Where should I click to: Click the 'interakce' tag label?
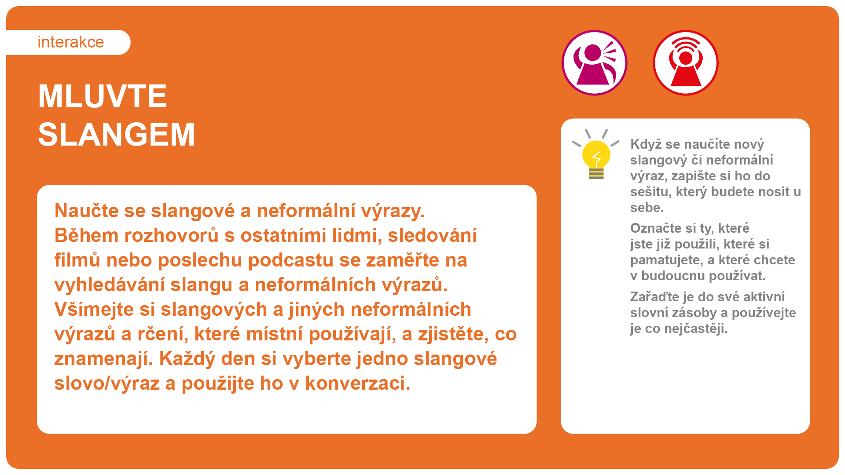coord(70,42)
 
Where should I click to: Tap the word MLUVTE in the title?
coord(103,96)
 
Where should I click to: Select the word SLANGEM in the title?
coord(117,135)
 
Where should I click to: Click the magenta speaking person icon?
coord(595,62)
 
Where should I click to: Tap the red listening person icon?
coord(686,62)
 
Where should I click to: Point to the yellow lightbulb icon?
coord(596,154)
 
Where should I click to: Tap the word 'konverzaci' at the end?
coord(357,384)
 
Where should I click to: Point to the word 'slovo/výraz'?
coord(107,384)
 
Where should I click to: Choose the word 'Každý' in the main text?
coord(187,359)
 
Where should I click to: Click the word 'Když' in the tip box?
coord(646,144)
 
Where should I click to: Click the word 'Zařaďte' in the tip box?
coord(654,297)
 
